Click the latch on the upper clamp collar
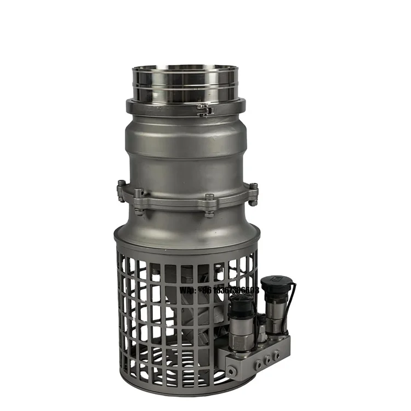pyautogui.click(x=205, y=110)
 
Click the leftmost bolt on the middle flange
pyautogui.click(x=121, y=191)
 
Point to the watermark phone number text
pyautogui.click(x=219, y=290)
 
